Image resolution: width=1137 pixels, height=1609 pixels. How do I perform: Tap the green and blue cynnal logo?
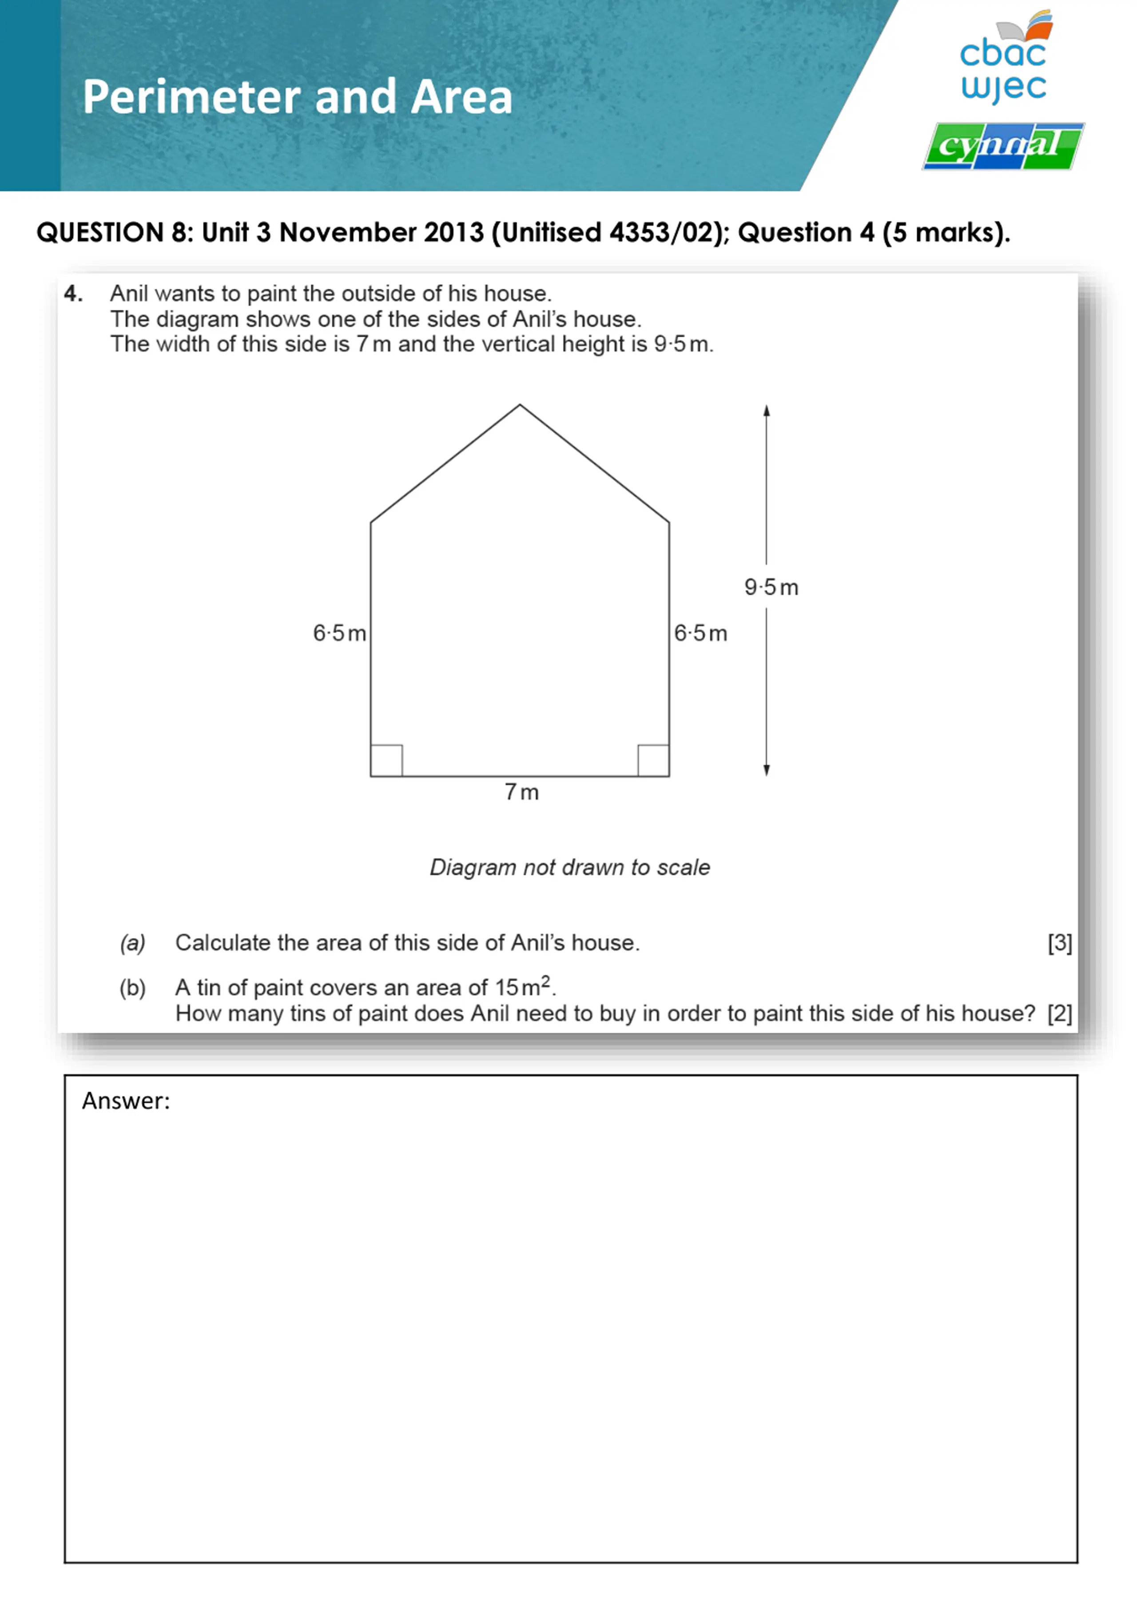(1002, 147)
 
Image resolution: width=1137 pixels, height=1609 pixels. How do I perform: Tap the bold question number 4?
(73, 294)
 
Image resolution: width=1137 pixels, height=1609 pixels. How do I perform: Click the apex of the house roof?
(519, 405)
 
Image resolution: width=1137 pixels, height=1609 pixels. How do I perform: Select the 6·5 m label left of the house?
(339, 634)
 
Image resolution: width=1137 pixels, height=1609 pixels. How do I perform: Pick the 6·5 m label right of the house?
(700, 634)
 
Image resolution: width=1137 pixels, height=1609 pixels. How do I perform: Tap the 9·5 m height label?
(771, 587)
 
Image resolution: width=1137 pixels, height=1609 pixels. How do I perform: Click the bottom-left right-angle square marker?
(386, 760)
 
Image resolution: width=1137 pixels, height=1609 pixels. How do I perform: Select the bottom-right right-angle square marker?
(653, 760)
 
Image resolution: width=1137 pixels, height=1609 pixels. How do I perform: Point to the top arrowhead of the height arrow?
(767, 411)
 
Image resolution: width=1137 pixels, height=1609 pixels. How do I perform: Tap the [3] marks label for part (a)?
(1059, 943)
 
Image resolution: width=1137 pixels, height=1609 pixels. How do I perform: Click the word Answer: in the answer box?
(126, 1101)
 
